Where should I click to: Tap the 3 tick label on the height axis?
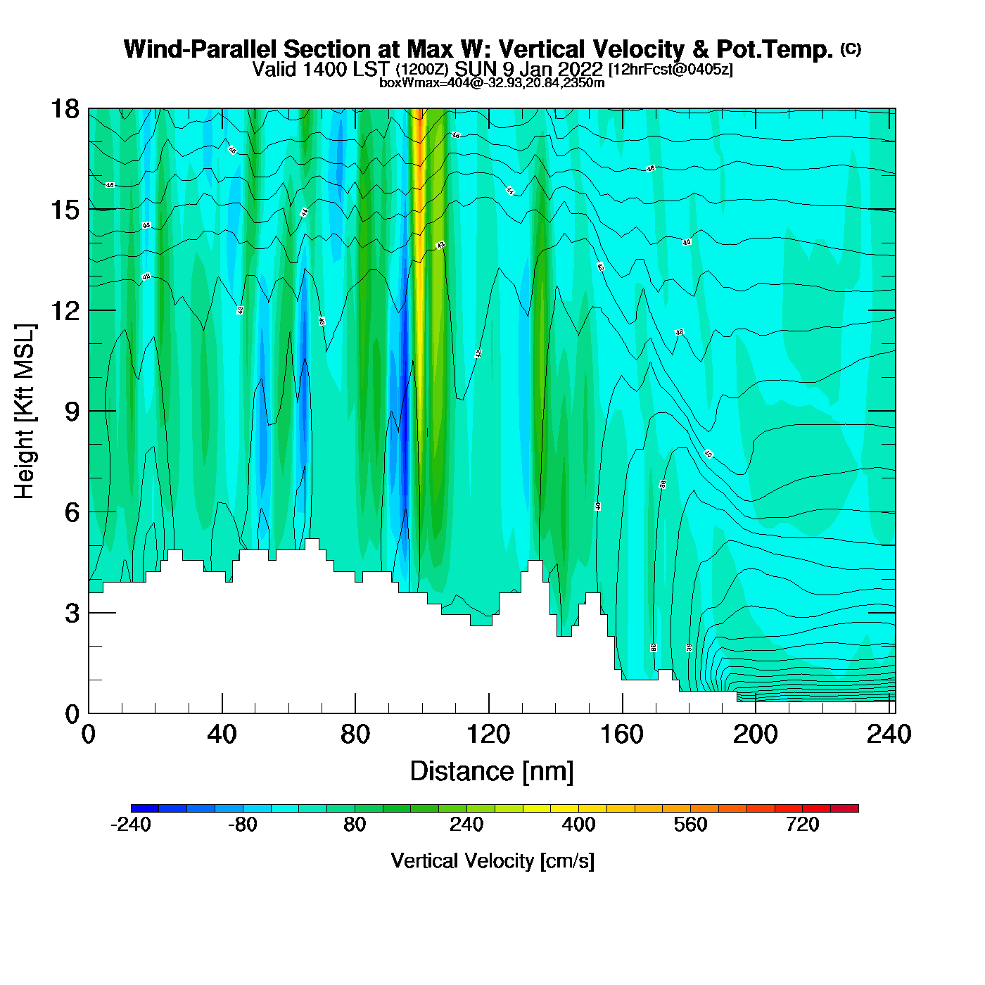click(x=72, y=614)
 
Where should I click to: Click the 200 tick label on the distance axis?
click(x=755, y=735)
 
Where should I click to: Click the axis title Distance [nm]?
click(x=492, y=771)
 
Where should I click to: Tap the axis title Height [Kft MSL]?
click(x=25, y=412)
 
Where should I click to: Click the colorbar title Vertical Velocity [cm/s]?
click(x=492, y=860)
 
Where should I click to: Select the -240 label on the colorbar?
click(x=131, y=825)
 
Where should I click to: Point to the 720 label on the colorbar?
click(x=802, y=825)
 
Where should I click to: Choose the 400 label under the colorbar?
click(x=578, y=825)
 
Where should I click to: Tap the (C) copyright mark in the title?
click(x=851, y=49)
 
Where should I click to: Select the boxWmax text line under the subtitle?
click(x=492, y=82)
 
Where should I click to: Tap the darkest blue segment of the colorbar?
click(x=145, y=808)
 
